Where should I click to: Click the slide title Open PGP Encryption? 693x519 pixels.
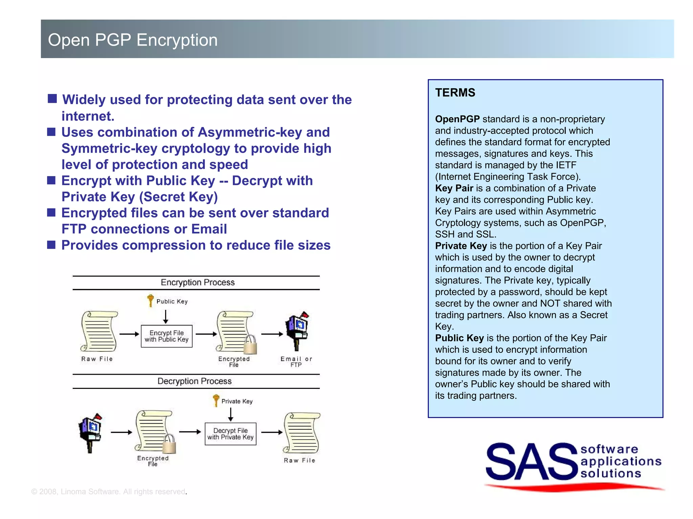pos(133,40)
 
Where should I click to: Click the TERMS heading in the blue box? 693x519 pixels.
pos(455,93)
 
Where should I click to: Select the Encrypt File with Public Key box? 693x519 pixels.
pos(166,336)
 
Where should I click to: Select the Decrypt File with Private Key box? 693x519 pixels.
pos(230,434)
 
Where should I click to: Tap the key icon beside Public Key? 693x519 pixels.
pos(151,300)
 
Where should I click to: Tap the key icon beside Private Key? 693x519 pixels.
pos(216,400)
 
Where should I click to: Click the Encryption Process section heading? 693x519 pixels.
pos(198,282)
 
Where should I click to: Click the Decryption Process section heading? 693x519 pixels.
pos(195,381)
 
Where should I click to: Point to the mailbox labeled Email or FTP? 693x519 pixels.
pos(297,331)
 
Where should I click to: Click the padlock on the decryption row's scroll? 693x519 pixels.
pos(169,444)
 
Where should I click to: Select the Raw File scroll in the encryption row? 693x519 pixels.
pos(99,331)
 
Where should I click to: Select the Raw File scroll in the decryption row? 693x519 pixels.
pos(301,432)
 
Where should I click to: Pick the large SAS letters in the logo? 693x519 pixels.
pos(531,462)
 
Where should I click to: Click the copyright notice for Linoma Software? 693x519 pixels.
pos(109,492)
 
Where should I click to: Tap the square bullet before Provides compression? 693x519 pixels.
pos(51,245)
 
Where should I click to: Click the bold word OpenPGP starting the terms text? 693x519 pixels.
pos(457,119)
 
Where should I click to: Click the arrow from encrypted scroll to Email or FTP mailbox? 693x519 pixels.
pos(272,334)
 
